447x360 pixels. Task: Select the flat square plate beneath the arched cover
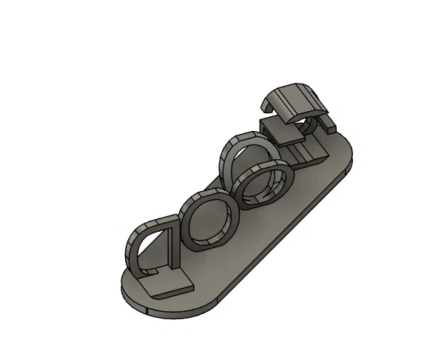279,132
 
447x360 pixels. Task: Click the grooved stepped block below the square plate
307,154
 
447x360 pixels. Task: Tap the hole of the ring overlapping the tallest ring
264,185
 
